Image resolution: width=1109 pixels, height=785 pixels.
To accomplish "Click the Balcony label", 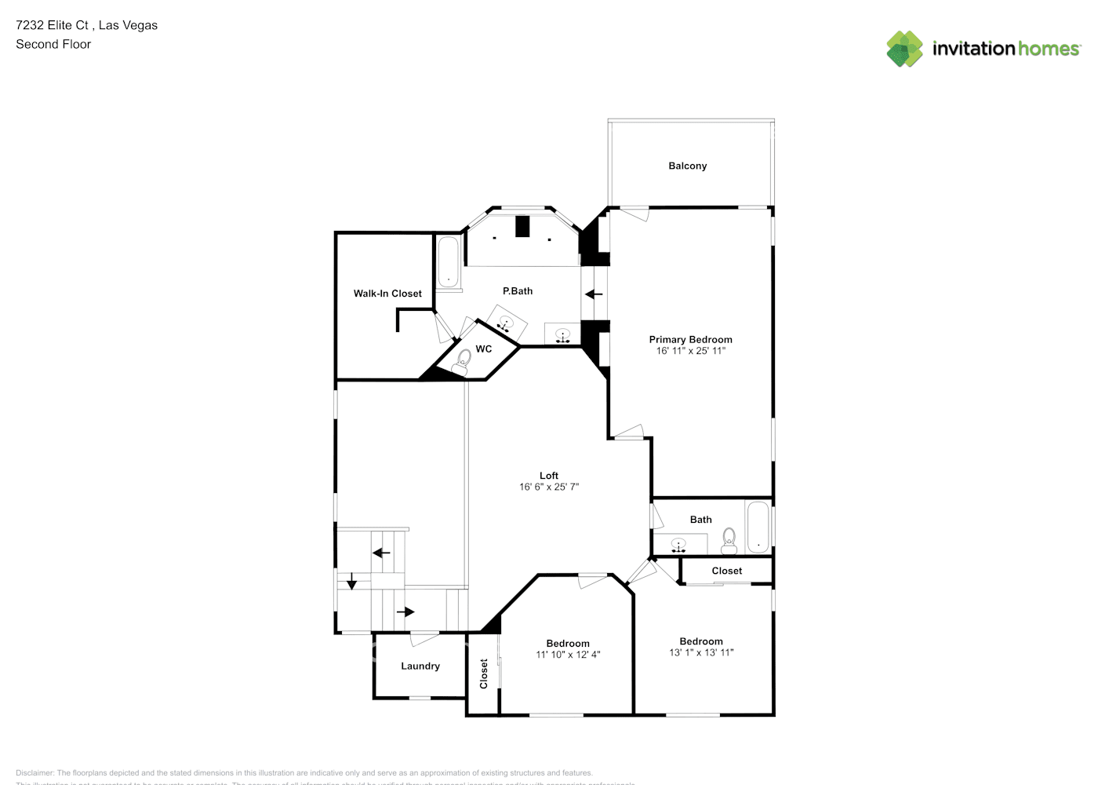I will (x=687, y=166).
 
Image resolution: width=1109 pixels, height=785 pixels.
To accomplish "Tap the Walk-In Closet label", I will (x=387, y=294).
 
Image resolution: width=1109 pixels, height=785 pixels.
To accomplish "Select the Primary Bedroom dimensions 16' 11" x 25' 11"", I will (x=690, y=351).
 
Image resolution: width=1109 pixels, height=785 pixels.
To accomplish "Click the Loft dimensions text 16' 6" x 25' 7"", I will (x=549, y=487).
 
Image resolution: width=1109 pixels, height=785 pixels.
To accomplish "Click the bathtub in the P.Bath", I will (x=449, y=261).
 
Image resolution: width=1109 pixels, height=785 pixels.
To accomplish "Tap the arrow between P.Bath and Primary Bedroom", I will (x=594, y=294).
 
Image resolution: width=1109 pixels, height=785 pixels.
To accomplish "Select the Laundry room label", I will (x=420, y=666).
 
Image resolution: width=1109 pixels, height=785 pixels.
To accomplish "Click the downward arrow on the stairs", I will (x=352, y=582).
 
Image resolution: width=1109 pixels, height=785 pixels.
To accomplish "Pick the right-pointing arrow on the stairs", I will (x=405, y=612).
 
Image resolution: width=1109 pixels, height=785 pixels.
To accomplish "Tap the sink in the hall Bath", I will (x=679, y=544).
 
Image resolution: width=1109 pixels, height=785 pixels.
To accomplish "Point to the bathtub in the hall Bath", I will (x=758, y=527).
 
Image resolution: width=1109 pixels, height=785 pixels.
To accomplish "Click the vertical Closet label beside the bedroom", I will (x=484, y=674).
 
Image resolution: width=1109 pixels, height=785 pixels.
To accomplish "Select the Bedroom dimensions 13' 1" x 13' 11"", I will (x=701, y=652).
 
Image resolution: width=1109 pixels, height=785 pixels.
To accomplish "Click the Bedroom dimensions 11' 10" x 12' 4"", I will (x=568, y=655).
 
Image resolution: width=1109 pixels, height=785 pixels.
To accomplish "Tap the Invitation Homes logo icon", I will (x=904, y=49).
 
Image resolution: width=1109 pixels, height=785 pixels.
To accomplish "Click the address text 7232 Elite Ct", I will (x=54, y=25).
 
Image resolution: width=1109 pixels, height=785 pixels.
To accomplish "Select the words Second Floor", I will (x=53, y=44).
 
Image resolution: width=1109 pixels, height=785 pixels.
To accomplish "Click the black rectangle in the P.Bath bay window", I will (x=523, y=226).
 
